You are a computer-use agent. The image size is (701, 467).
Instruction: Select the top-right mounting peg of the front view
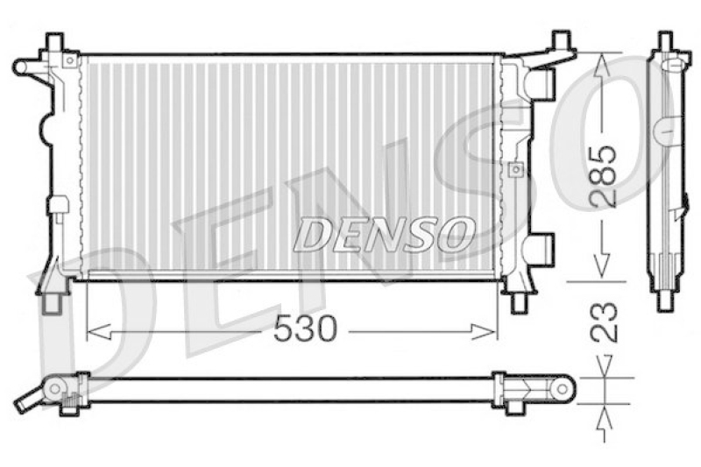pyautogui.click(x=559, y=40)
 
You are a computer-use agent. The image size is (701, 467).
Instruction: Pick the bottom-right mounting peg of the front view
pyautogui.click(x=519, y=303)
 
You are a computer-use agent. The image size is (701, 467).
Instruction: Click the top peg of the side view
pyautogui.click(x=665, y=40)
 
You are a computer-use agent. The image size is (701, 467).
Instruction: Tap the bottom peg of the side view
pyautogui.click(x=665, y=301)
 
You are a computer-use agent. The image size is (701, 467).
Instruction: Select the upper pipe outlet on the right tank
pyautogui.click(x=543, y=83)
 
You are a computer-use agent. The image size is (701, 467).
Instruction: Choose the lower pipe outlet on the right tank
pyautogui.click(x=542, y=247)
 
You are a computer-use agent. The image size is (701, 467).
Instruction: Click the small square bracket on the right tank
pyautogui.click(x=514, y=169)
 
